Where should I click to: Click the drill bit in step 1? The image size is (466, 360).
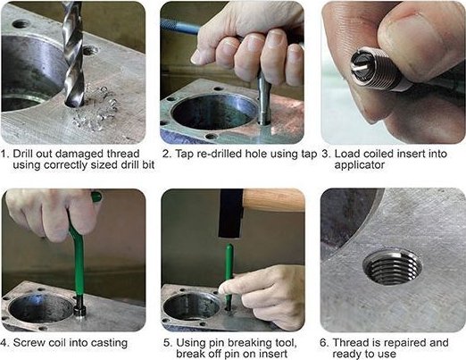[73, 54]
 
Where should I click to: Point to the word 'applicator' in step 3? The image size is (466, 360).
[360, 165]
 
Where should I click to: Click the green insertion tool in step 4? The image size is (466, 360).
[79, 256]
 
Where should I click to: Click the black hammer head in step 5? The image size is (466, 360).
[231, 213]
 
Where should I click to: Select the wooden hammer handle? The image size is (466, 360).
[274, 200]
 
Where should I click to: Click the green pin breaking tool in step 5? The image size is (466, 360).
[229, 275]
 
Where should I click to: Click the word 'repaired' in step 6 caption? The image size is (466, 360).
[404, 343]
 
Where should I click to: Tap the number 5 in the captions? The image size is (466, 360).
[167, 343]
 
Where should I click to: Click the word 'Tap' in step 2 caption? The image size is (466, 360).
[184, 154]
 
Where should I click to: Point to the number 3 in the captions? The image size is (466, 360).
[326, 154]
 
